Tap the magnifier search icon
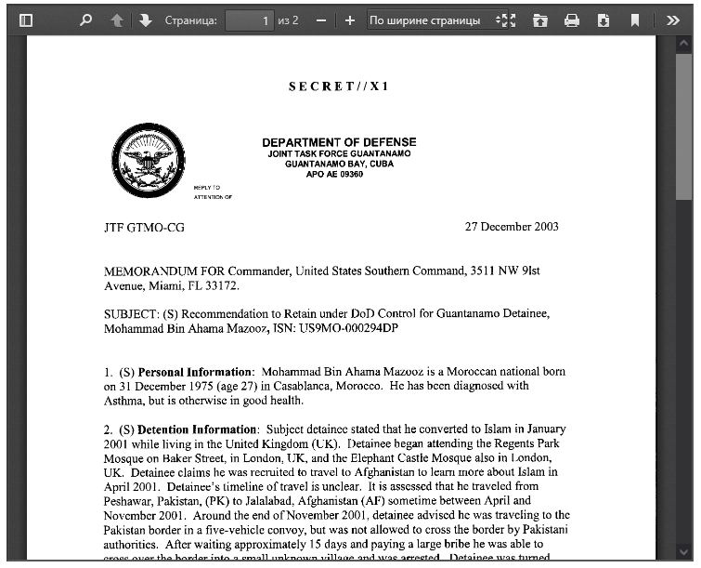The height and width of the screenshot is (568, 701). coord(85,20)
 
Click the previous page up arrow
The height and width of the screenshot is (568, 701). coord(116,20)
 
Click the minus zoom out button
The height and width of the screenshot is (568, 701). coord(320,20)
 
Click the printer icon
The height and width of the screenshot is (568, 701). coord(572,20)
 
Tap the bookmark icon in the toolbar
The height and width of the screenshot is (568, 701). coord(635,20)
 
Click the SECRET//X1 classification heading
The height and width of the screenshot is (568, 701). coord(339,86)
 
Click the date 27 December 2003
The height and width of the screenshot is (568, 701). coord(512,227)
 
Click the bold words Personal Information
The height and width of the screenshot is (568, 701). coord(195,372)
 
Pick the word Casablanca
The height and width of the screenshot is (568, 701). coord(318,386)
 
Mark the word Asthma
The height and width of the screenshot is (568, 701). coord(123,401)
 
